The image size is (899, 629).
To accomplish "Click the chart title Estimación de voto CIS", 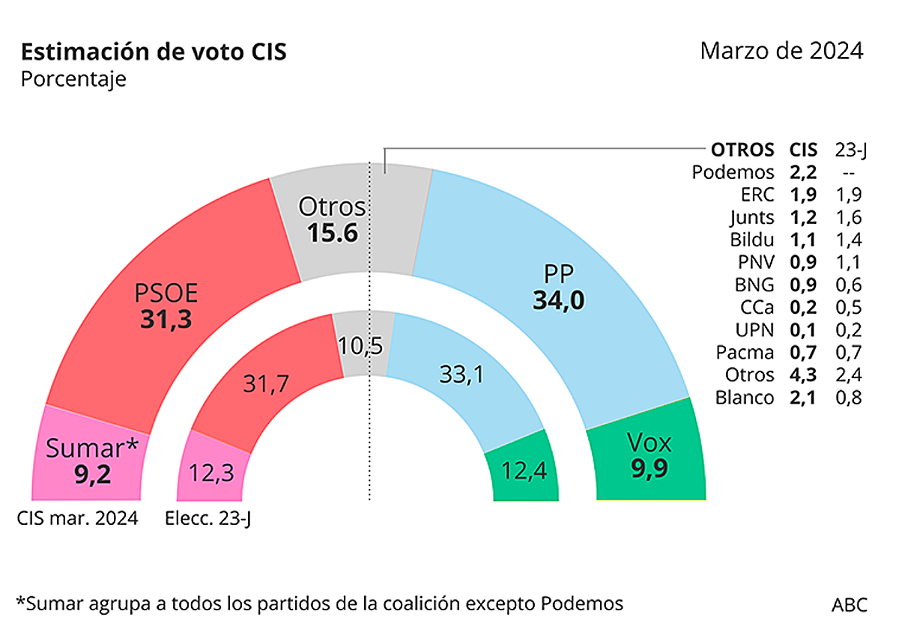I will click(154, 52).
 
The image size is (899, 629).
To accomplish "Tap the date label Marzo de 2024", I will click(781, 51).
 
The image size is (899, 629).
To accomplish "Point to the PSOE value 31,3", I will click(166, 319).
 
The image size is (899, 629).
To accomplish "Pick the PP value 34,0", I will click(558, 300).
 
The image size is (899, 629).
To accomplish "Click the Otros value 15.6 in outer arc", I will click(332, 233).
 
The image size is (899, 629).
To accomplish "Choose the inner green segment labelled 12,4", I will click(524, 472).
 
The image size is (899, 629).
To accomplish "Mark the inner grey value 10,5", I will click(360, 346).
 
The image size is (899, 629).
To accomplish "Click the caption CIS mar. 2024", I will click(78, 518).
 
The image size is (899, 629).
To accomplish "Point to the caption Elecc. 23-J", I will click(208, 518).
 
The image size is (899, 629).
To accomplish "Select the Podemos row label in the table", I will click(733, 172).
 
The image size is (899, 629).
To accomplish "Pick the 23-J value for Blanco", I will click(848, 398).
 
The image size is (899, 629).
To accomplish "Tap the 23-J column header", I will click(850, 150).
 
